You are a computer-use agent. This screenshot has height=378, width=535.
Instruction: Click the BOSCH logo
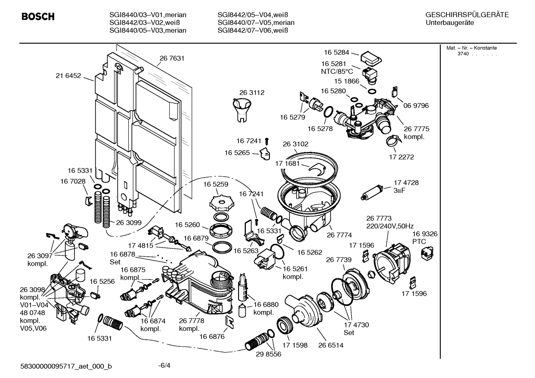(x=38, y=17)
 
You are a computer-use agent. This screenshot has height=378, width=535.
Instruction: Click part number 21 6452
(x=68, y=76)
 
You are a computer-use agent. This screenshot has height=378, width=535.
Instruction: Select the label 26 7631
(x=172, y=58)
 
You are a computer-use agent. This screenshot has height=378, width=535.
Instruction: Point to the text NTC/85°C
(x=337, y=72)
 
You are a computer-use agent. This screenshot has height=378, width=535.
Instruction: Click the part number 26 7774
(x=339, y=235)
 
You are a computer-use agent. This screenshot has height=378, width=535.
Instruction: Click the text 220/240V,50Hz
(x=390, y=226)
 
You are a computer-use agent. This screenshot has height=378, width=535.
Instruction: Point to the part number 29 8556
(x=269, y=354)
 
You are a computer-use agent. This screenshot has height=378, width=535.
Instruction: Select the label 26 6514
(x=331, y=345)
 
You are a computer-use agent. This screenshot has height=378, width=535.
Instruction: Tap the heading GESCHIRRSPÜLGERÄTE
(x=467, y=15)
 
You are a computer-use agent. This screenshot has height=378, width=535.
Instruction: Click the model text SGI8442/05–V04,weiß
(x=253, y=15)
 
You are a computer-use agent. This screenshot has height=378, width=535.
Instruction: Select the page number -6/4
(x=164, y=365)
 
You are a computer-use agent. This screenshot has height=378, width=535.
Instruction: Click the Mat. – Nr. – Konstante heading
(x=471, y=48)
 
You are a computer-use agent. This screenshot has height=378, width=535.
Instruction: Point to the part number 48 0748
(x=32, y=313)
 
